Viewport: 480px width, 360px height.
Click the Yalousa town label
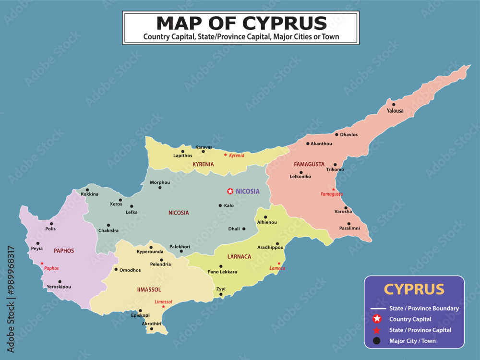pyautogui.click(x=395, y=111)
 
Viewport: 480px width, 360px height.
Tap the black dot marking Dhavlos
pyautogui.click(x=336, y=135)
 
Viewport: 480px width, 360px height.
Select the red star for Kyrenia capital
pyautogui.click(x=226, y=155)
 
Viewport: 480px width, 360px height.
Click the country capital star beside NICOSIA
pyautogui.click(x=230, y=192)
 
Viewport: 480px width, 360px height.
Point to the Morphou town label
pyautogui.click(x=160, y=182)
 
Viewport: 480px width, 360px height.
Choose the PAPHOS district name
pyautogui.click(x=64, y=251)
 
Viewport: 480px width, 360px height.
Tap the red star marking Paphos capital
pyautogui.click(x=42, y=264)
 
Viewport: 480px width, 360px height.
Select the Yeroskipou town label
pyautogui.click(x=59, y=287)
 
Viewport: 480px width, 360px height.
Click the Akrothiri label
pyautogui.click(x=151, y=324)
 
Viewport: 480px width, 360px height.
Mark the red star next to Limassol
pyautogui.click(x=164, y=307)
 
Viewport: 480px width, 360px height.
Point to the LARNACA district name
pyautogui.click(x=239, y=257)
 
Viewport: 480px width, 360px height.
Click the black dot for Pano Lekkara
pyautogui.click(x=221, y=266)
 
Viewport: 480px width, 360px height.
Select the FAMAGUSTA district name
pyautogui.click(x=309, y=164)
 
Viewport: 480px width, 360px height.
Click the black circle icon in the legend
pyautogui.click(x=377, y=341)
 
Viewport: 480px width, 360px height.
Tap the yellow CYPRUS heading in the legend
pyautogui.click(x=414, y=289)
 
